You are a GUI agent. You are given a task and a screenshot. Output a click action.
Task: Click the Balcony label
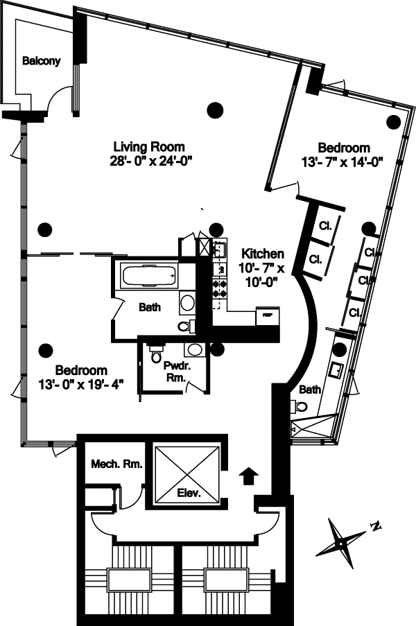42,60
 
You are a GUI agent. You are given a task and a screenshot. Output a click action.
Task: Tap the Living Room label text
149,146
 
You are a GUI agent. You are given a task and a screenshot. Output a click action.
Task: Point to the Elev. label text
189,494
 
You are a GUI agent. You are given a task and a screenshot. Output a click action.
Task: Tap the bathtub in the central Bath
148,277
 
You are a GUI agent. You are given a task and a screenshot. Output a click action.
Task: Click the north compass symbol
345,539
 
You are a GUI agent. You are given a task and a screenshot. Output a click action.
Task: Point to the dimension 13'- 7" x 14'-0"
343,160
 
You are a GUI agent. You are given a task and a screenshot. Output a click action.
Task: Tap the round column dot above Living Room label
216,108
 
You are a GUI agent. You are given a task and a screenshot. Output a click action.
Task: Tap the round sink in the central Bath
187,303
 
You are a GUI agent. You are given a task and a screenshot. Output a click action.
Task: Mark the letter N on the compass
375,527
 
